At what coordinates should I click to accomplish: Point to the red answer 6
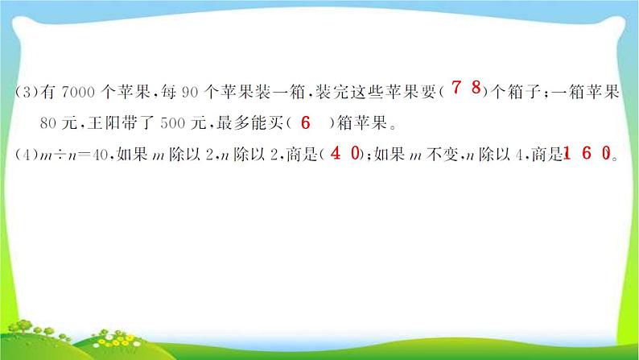tap(304, 122)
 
